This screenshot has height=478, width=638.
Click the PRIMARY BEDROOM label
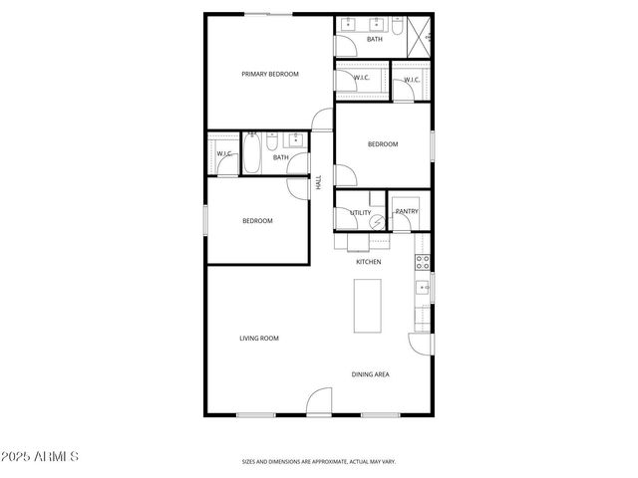tap(270, 74)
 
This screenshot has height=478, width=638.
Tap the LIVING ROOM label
tap(258, 339)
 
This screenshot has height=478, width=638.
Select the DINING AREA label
tap(370, 374)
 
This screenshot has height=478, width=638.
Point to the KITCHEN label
tap(369, 262)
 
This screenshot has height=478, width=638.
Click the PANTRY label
tap(407, 211)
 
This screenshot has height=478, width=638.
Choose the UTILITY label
tap(360, 212)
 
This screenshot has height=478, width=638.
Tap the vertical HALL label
tap(319, 182)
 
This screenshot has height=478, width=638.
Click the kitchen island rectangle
tap(369, 306)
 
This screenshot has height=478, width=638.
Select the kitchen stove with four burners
tap(423, 263)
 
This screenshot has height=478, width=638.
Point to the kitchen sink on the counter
tap(423, 290)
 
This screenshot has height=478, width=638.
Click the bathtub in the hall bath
tap(252, 154)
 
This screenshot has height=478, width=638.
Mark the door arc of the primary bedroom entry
tap(323, 119)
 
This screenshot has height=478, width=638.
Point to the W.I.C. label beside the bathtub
tap(224, 153)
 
